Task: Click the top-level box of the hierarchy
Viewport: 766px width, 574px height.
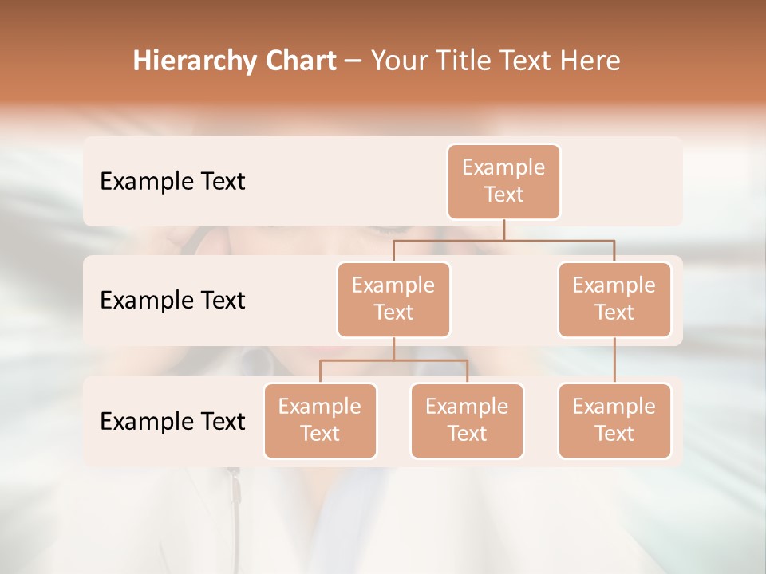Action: click(x=503, y=181)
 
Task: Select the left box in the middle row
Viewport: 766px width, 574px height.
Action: click(x=393, y=299)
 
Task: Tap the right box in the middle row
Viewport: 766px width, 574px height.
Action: click(x=614, y=299)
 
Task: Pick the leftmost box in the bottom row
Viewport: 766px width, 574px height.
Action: click(x=320, y=420)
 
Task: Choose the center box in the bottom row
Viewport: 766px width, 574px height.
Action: click(x=467, y=420)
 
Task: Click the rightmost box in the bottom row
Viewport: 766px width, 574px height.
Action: click(x=614, y=420)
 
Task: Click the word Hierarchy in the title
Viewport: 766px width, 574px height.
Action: click(x=194, y=61)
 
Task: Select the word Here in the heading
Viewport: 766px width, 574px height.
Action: click(x=591, y=61)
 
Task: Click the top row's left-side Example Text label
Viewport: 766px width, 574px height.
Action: click(x=172, y=182)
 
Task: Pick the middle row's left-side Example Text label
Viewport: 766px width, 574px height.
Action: click(x=172, y=301)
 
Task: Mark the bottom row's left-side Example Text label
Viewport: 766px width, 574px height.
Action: click(x=172, y=422)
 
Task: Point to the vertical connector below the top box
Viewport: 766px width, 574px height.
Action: click(x=503, y=230)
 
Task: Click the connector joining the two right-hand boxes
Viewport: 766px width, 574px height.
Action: click(x=614, y=360)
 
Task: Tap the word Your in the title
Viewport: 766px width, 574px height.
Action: click(x=400, y=61)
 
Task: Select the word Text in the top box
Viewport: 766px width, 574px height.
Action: click(x=503, y=195)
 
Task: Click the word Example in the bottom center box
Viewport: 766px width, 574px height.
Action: click(x=467, y=407)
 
